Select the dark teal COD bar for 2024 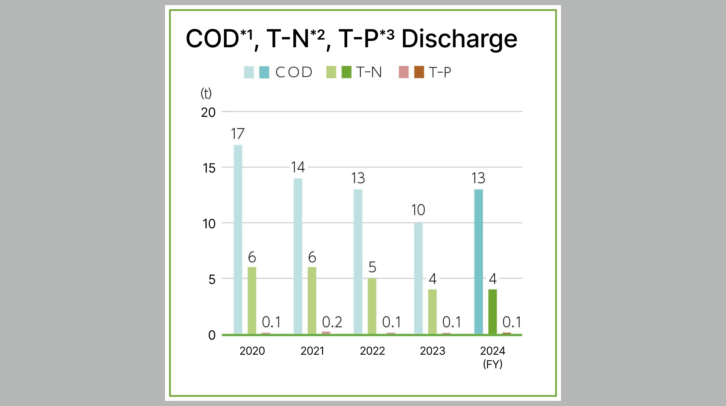coord(478,262)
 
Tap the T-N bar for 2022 coord(372,306)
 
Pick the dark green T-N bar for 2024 coord(492,311)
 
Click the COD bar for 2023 coord(418,278)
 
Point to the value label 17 coord(238,134)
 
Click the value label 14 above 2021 coord(298,167)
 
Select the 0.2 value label coord(332,322)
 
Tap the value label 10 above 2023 coord(418,210)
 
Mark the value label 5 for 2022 coord(372,267)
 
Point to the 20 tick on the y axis coord(208,112)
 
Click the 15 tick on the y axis coord(209,168)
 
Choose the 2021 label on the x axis coord(312,351)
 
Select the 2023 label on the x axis coord(432,351)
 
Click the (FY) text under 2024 coord(492,364)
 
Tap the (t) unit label coord(206,93)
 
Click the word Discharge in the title coord(459,38)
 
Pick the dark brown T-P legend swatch coord(419,72)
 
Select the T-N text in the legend coord(369,72)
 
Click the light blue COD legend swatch coord(249,72)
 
